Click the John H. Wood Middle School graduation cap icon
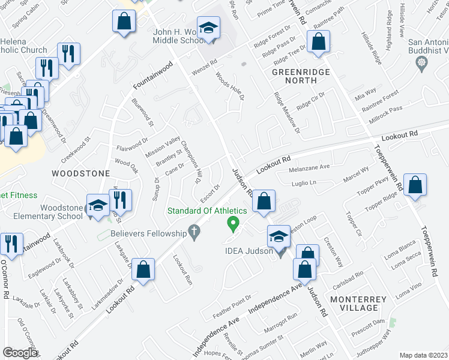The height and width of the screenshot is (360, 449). (208, 28)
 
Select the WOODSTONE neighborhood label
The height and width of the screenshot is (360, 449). (80, 173)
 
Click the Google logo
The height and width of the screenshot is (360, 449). (20, 352)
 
